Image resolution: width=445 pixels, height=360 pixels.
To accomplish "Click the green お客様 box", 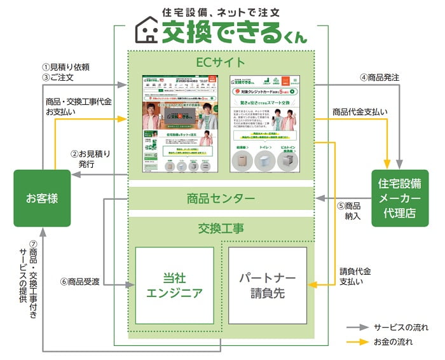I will coord(42,198).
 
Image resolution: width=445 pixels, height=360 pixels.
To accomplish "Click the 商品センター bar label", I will coord(221,199).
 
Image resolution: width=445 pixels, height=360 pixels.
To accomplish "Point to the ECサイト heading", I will coord(221,62).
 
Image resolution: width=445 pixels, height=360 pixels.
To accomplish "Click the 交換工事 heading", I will coord(221,228).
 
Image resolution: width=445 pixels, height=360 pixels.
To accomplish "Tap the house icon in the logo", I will coord(150,30).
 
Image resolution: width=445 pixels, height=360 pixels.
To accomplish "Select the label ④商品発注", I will coord(380,78).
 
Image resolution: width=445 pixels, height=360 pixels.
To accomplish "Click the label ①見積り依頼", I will coord(66,67).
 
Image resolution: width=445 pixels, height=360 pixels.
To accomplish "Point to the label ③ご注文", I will coord(59,78).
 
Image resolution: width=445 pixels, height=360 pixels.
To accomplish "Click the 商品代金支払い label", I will coord(359,112).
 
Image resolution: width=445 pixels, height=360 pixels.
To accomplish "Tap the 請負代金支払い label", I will coord(355,276).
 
